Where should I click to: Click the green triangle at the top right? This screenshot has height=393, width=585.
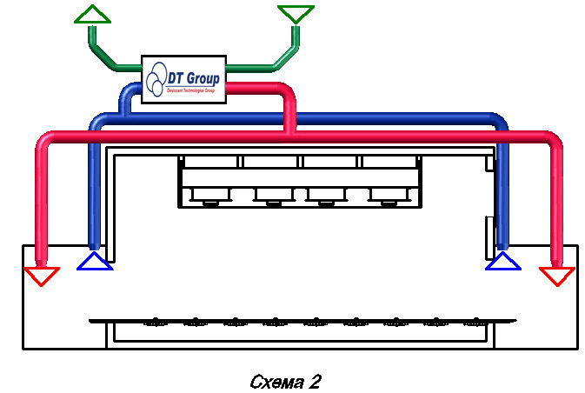pos(295,14)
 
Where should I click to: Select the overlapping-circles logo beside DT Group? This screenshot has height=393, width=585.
pos(156,81)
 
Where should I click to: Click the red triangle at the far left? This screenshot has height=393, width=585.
pos(42,276)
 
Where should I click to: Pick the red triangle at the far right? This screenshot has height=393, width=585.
pos(557,276)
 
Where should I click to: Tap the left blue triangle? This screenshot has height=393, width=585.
pos(94,262)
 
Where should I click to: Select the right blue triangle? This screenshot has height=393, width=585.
pos(503,262)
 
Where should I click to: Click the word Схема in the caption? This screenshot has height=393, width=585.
pos(270,382)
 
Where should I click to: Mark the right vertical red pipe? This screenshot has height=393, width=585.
pos(557,200)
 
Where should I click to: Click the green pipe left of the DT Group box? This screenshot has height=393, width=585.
pos(117,63)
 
